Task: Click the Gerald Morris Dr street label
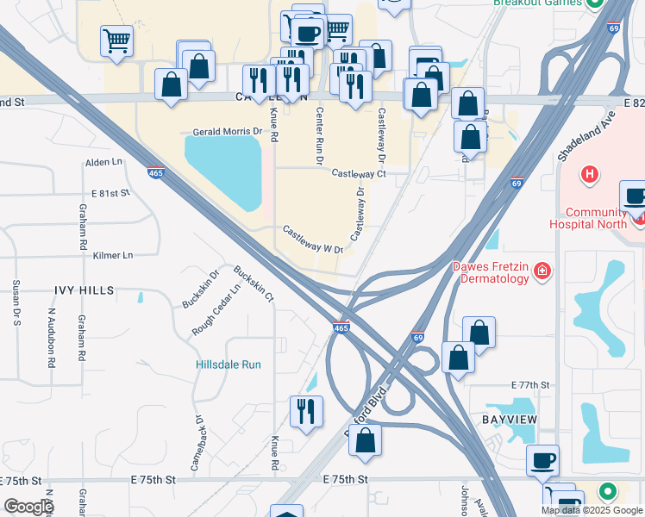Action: pos(226,132)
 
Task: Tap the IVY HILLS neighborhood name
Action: pos(84,291)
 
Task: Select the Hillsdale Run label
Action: pos(227,364)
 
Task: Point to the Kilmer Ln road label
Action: pos(114,256)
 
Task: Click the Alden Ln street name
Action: pos(104,162)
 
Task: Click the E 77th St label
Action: pos(529,384)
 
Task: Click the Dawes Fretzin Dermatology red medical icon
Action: pos(543,272)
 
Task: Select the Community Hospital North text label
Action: pos(596,219)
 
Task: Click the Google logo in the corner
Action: pos(28,507)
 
